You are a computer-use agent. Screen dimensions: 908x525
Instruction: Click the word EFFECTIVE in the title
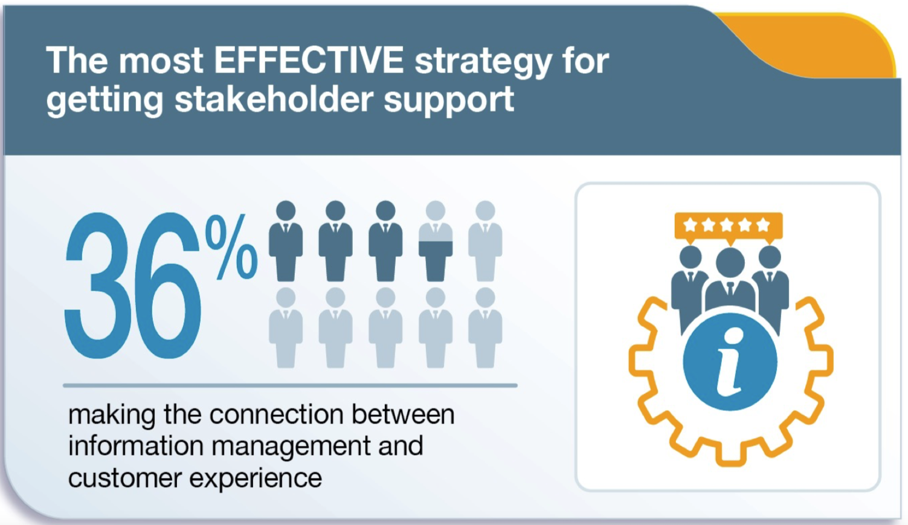309,60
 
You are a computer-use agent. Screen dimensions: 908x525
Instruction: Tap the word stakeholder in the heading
274,99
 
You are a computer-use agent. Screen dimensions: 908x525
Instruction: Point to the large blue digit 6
167,285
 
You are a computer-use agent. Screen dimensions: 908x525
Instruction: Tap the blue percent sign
231,247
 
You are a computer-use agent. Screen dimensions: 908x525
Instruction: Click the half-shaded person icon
436,241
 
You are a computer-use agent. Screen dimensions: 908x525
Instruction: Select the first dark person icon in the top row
286,241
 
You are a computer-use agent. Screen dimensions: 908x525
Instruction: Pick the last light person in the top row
485,241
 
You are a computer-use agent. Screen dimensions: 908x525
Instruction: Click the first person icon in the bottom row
286,327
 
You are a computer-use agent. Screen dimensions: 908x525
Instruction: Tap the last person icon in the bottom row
485,327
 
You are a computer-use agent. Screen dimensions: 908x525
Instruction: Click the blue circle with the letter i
730,362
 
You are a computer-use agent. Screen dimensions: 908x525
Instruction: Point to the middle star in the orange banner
726,225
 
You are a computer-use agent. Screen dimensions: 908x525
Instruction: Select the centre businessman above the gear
730,280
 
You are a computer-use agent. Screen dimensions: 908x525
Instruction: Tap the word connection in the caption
277,414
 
